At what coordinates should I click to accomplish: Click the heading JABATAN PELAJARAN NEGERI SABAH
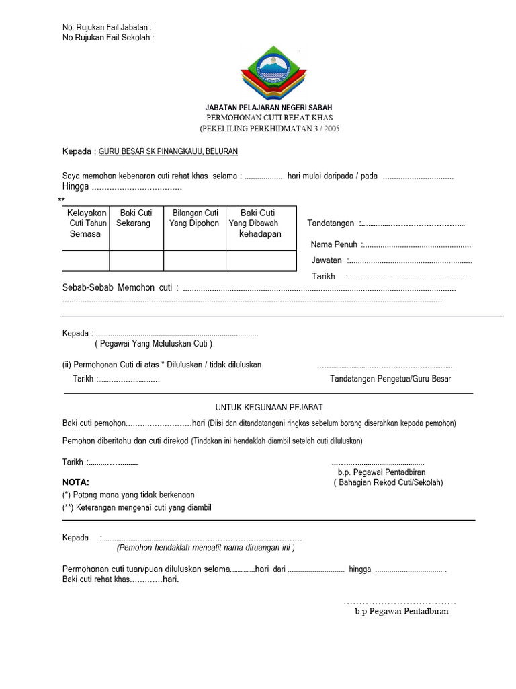(268, 108)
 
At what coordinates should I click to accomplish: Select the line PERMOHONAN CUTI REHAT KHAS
(268, 118)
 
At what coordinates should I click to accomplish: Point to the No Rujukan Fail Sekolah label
(108, 38)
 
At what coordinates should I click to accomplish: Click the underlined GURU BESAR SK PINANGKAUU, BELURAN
(168, 152)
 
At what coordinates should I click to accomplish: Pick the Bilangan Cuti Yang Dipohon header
(194, 218)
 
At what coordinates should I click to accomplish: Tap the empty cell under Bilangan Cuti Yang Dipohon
(194, 260)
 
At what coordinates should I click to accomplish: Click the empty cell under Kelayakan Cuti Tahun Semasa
(85, 260)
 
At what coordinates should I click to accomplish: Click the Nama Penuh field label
(334, 244)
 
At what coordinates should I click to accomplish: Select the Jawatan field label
(327, 260)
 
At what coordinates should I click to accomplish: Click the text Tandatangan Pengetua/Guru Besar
(390, 379)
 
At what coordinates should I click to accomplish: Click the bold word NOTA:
(75, 482)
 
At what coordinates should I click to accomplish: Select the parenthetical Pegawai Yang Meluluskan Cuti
(153, 344)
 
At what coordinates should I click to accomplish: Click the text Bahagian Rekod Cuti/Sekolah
(388, 483)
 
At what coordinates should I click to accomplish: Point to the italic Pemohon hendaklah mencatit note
(206, 548)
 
